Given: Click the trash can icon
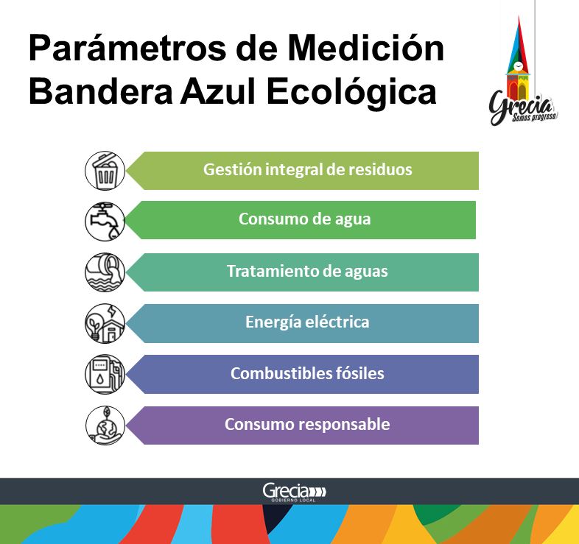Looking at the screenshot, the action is [x=105, y=171].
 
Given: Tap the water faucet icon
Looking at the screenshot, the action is [x=105, y=222].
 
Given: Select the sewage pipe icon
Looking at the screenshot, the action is [x=105, y=272].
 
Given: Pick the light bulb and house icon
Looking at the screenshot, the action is [x=105, y=323].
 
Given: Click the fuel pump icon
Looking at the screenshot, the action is [x=105, y=374].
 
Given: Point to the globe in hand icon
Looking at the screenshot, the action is [x=105, y=425].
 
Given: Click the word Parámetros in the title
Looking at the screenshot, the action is [x=127, y=49].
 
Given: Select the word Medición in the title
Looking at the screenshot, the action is [x=365, y=48].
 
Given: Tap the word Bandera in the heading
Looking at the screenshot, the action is [x=101, y=91].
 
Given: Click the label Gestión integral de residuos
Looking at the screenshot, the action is [x=308, y=170].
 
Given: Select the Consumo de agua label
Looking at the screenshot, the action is [x=305, y=219].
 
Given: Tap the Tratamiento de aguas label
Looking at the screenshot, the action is [x=307, y=271].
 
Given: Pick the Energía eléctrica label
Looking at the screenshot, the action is [x=307, y=322].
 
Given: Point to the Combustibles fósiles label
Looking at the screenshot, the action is [x=307, y=373].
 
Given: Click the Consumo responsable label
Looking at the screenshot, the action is [x=307, y=425].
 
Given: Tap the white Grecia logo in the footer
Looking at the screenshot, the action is [x=295, y=492].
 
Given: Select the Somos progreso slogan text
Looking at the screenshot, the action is [x=534, y=117].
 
